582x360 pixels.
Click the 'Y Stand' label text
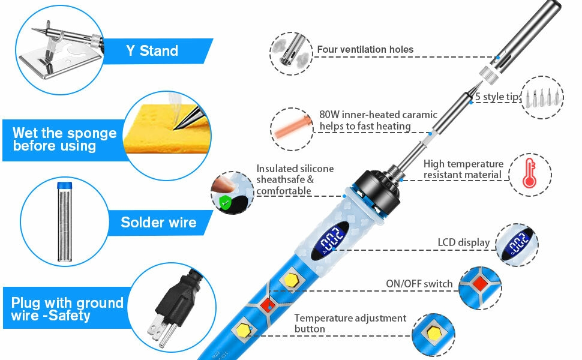(152, 50)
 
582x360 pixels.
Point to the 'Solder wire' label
(158, 223)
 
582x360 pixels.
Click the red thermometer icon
(529, 173)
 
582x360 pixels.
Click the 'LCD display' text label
(464, 242)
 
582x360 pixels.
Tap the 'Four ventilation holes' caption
(365, 49)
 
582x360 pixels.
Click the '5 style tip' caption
(497, 97)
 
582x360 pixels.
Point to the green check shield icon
(224, 203)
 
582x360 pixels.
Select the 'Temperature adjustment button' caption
(350, 323)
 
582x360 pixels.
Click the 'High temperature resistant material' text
(463, 169)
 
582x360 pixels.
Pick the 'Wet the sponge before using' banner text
(64, 139)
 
